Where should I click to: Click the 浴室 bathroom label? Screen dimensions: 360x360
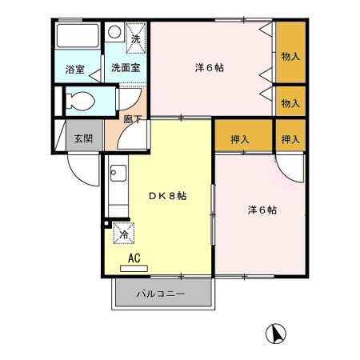(74, 70)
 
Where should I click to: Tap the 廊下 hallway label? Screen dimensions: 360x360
(134, 119)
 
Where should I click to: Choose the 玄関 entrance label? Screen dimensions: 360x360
(83, 139)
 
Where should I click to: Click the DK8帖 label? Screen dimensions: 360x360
(167, 196)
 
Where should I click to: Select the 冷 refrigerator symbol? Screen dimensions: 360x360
(123, 234)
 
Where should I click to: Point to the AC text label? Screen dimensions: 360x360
(135, 258)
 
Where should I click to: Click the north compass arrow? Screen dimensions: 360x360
(274, 333)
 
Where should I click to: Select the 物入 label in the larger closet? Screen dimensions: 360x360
(290, 56)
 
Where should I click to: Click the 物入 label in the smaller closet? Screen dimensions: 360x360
(290, 103)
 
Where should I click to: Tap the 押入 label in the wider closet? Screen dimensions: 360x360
(240, 139)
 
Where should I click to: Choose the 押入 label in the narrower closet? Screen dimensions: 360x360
(290, 139)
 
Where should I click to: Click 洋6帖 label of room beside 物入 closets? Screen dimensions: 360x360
(209, 67)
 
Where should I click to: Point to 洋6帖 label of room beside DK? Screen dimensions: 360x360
(261, 210)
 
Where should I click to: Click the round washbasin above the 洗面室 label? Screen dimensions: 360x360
(114, 33)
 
